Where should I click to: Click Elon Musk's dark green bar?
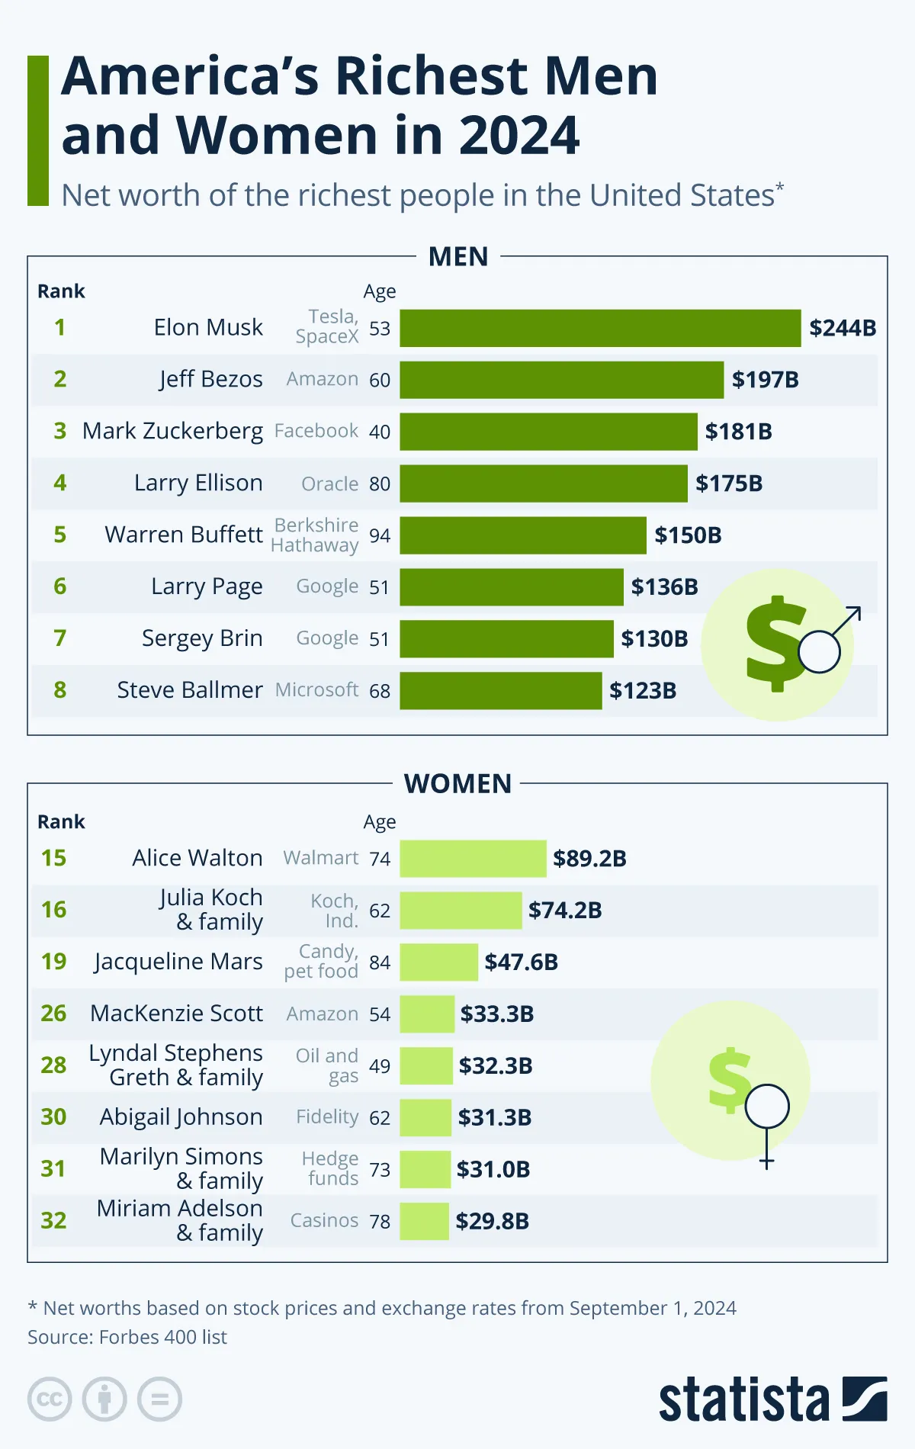[x=600, y=328]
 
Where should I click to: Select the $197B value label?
[x=765, y=380]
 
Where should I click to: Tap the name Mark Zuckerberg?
[x=172, y=431]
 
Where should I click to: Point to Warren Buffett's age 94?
[x=379, y=535]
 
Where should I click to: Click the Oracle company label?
[x=329, y=484]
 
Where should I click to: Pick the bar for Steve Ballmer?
[x=500, y=691]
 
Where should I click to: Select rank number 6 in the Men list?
[x=59, y=586]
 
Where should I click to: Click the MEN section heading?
[x=457, y=257]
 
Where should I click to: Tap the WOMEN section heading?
[x=457, y=784]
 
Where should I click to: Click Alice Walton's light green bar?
[x=473, y=859]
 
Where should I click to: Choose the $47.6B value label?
[x=521, y=962]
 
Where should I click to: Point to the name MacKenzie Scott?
[x=176, y=1014]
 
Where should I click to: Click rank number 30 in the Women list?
[x=53, y=1117]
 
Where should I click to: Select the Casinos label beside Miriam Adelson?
[x=324, y=1220]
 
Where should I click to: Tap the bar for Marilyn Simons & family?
[x=425, y=1170]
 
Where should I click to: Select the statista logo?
[x=772, y=1399]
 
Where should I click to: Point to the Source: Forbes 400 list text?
[x=127, y=1337]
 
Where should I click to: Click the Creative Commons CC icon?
[x=50, y=1399]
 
